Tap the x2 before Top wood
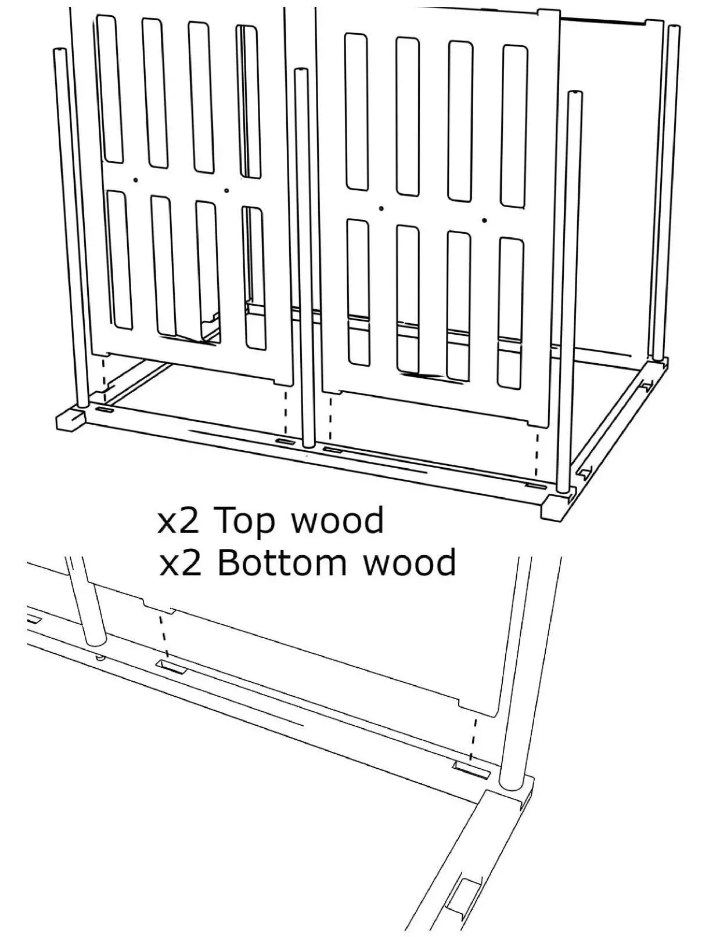coord(179,521)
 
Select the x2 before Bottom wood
coord(180,563)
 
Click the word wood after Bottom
coord(409,563)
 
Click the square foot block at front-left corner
coord(70,421)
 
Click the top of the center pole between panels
coord(301,72)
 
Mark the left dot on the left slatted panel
coord(135,180)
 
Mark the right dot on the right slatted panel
coord(484,220)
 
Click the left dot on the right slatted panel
coord(381,208)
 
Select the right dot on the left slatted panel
coord(226,190)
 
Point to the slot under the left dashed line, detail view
coord(172,667)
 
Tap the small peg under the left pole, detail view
coord(100,657)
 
